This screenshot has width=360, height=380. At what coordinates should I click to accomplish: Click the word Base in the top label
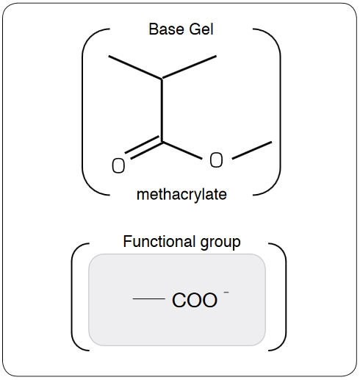pyautogui.click(x=166, y=29)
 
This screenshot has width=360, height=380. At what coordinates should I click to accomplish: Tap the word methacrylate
pyautogui.click(x=181, y=195)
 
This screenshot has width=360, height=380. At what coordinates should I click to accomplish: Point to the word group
pyautogui.click(x=220, y=243)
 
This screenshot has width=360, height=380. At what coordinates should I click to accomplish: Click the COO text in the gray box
pyautogui.click(x=195, y=300)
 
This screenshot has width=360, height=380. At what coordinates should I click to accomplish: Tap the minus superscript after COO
pyautogui.click(x=226, y=292)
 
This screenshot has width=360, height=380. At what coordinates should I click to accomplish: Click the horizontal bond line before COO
pyautogui.click(x=148, y=298)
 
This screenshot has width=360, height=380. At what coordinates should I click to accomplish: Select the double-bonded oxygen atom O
pyautogui.click(x=118, y=166)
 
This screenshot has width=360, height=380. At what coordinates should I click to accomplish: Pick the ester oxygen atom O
pyautogui.click(x=216, y=160)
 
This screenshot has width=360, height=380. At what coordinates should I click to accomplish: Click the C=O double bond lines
pyautogui.click(x=144, y=148)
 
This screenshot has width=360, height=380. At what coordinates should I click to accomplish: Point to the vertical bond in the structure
pyautogui.click(x=162, y=110)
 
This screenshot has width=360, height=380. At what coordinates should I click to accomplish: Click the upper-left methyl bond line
pyautogui.click(x=135, y=68)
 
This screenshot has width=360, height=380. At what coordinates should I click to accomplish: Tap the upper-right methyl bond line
pyautogui.click(x=189, y=68)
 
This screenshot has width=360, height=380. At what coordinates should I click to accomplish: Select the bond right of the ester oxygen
pyautogui.click(x=252, y=151)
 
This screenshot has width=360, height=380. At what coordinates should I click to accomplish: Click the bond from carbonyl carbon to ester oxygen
pyautogui.click(x=182, y=150)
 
